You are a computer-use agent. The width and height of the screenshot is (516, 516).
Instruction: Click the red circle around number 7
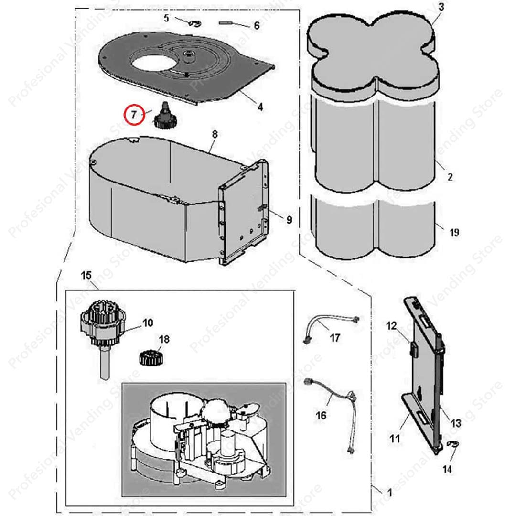coord(133,115)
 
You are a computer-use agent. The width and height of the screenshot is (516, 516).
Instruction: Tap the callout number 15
coord(86,276)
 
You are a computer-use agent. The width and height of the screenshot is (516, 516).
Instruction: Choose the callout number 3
coord(441,7)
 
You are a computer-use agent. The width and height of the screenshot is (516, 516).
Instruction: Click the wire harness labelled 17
coord(330,326)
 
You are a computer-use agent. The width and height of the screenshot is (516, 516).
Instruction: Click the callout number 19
coord(454,233)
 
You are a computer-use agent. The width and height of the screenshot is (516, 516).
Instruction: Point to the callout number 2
coord(450,177)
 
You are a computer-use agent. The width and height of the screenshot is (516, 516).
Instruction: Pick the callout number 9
coord(289,220)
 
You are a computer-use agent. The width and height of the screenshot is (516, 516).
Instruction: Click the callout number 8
coord(215,135)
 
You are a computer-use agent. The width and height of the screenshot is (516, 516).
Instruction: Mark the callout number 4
coord(260,107)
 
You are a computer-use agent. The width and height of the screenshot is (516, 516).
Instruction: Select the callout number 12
coord(391,326)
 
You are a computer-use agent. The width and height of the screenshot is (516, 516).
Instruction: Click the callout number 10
coord(148,323)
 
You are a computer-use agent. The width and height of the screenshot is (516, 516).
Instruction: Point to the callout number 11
coord(394,437)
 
